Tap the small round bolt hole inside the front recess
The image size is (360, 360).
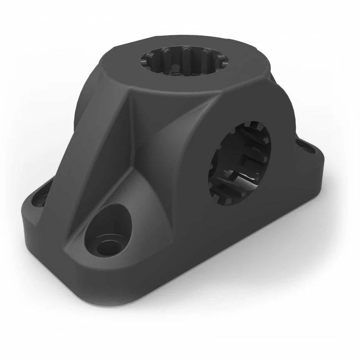click(x=106, y=247)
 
